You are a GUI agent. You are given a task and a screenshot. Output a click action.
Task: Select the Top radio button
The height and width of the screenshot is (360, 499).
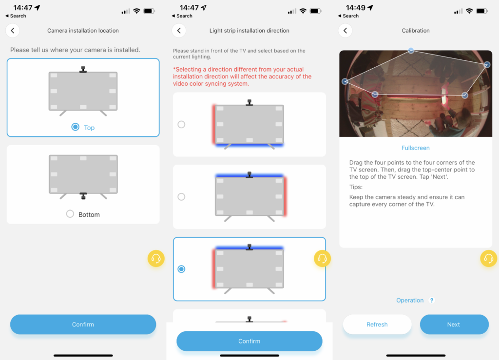pos(76,127)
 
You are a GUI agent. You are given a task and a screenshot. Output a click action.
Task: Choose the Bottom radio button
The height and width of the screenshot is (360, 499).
pos(70,214)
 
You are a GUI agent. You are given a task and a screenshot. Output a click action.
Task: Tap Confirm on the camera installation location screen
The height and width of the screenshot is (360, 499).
pos(83,324)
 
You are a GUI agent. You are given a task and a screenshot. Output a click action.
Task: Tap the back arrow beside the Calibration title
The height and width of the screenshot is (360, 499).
pos(345,31)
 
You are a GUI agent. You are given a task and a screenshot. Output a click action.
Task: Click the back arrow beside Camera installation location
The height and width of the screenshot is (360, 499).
pos(13,31)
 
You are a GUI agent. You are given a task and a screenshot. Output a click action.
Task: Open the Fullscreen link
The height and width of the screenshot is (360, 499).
pos(415,148)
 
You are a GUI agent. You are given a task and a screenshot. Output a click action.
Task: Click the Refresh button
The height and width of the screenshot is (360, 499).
pos(377,324)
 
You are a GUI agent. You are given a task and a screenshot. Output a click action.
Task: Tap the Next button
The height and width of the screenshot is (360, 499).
pos(454,324)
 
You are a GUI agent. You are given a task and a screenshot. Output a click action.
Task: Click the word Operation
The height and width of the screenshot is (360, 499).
pos(410,300)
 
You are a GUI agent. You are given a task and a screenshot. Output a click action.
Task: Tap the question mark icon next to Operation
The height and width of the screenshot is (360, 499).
pos(432,300)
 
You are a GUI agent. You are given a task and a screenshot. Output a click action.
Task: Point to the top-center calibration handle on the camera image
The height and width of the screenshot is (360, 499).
pos(411,50)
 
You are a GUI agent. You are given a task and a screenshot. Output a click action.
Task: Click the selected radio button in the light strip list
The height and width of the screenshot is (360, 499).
pos(181,269)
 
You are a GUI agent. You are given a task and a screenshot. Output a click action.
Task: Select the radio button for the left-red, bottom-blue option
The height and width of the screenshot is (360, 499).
pos(181,124)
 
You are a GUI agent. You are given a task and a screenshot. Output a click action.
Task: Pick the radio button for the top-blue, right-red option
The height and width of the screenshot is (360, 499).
pos(181,197)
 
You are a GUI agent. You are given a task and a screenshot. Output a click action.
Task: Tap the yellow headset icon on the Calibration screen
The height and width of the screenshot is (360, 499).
pos(488,258)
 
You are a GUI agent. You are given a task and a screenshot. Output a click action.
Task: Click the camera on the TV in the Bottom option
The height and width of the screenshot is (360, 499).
pos(83,196)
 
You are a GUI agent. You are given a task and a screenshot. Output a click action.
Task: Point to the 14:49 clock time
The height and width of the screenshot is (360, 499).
pos(355,8)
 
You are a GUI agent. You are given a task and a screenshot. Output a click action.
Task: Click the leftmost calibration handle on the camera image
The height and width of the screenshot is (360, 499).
pos(345,82)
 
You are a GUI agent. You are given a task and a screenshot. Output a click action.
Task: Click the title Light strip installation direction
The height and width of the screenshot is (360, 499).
pos(249,31)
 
